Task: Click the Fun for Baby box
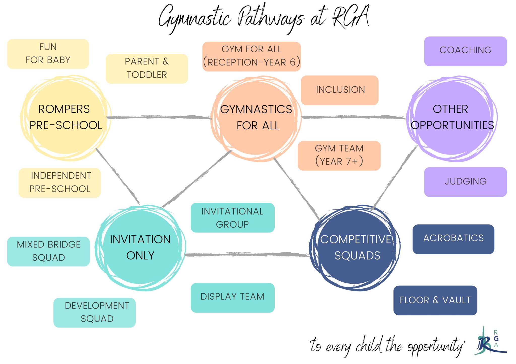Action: [48, 54]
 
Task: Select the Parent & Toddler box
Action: [147, 68]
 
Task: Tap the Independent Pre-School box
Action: [60, 183]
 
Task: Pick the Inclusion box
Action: [340, 90]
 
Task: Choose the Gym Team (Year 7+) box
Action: [339, 155]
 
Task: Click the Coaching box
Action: [465, 51]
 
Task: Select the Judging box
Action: [465, 181]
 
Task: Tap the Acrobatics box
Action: [453, 239]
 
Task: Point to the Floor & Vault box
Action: [435, 300]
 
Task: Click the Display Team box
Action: [232, 297]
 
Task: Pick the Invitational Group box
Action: [232, 217]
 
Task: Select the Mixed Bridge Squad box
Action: [48, 251]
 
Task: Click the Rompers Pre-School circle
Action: [66, 118]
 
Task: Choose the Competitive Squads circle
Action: [355, 248]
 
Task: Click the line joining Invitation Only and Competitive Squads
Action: [247, 255]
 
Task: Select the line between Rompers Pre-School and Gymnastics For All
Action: [159, 117]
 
